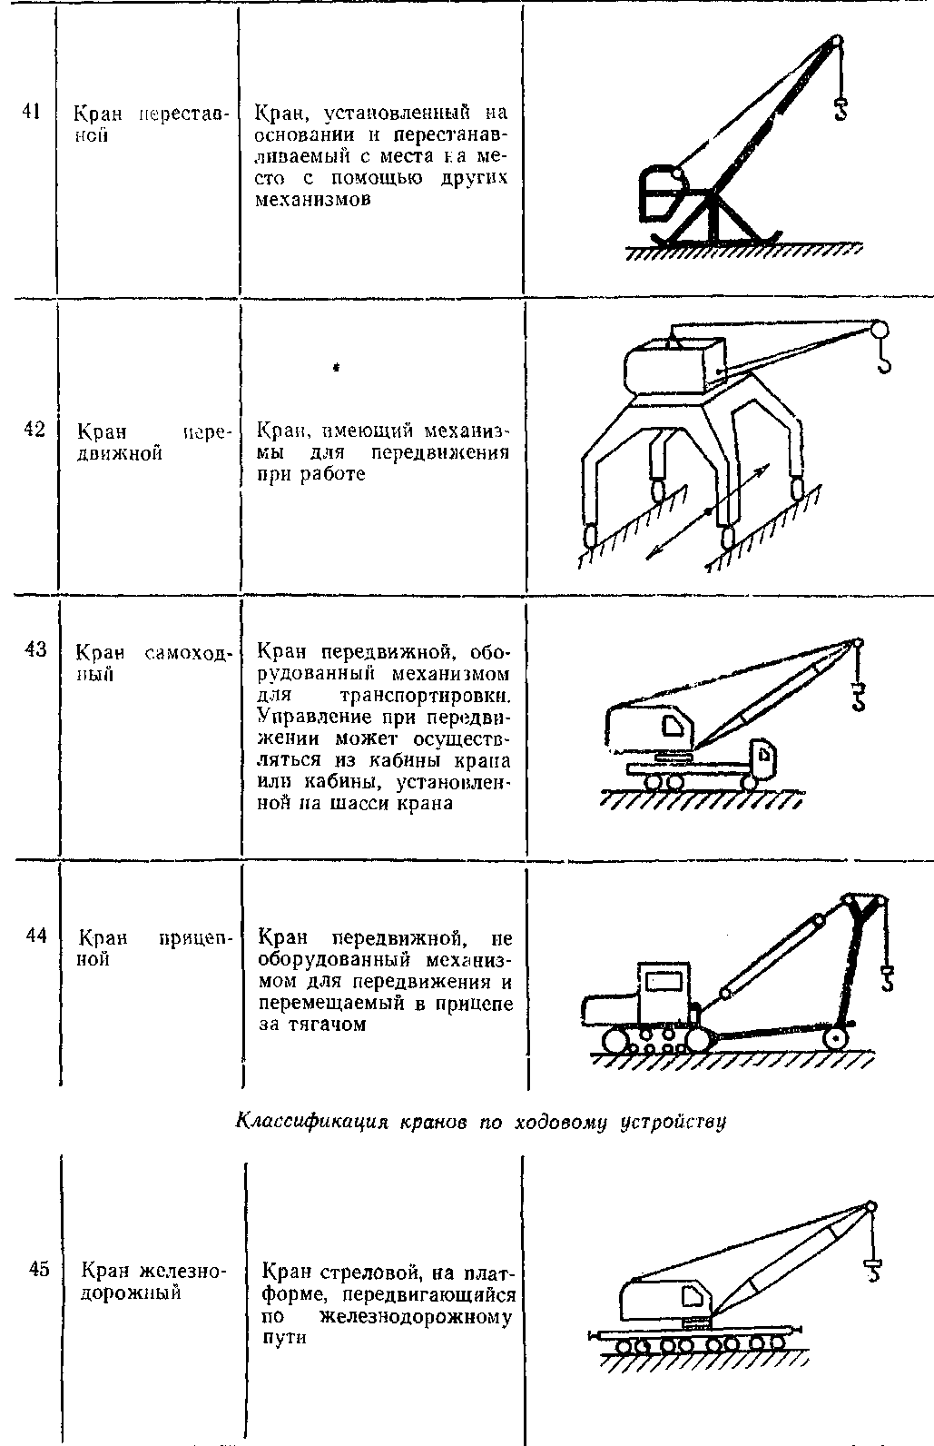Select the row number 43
(34, 649)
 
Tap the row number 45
(38, 1270)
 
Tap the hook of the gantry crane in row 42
(884, 363)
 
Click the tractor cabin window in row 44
(665, 980)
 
